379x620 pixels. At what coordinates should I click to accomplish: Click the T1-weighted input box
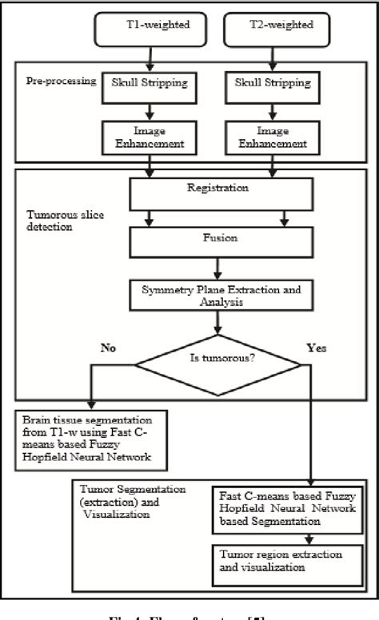click(x=148, y=30)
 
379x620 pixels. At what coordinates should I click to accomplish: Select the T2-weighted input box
click(x=275, y=30)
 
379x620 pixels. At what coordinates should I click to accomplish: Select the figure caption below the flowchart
click(x=189, y=612)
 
